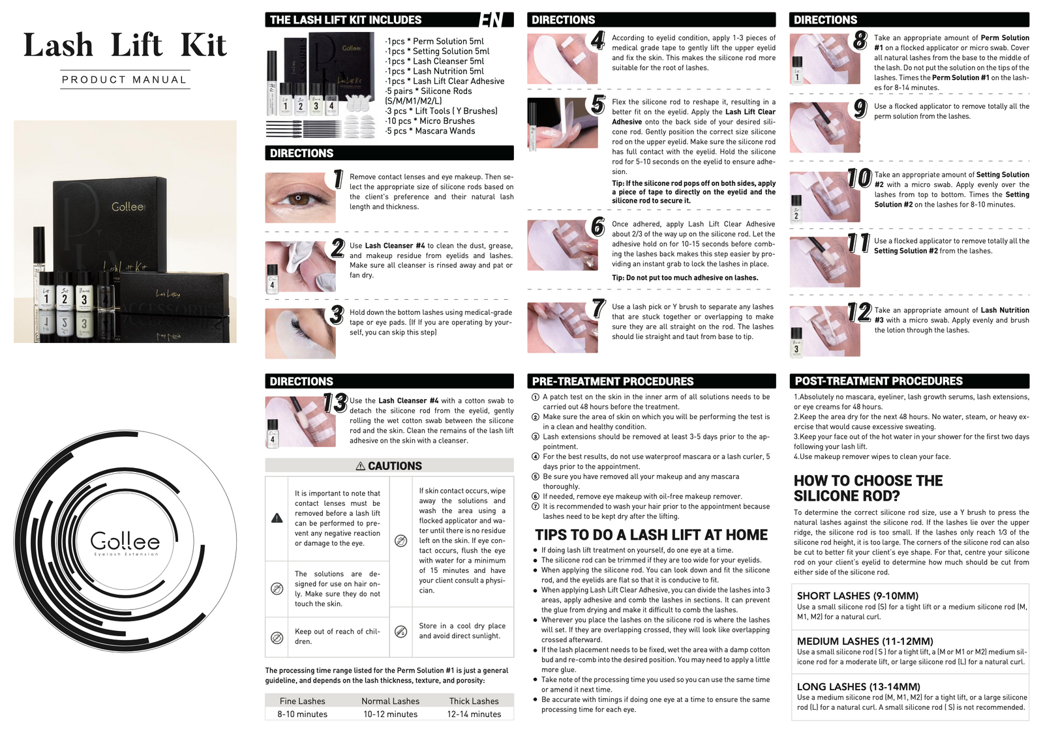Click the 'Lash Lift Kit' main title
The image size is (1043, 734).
click(125, 46)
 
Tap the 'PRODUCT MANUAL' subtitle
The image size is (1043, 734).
click(125, 80)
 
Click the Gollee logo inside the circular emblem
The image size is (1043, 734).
click(125, 542)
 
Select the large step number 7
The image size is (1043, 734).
click(599, 308)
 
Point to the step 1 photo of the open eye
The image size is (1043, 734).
click(300, 198)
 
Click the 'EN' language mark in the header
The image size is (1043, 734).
click(491, 20)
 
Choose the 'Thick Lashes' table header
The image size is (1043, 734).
click(474, 701)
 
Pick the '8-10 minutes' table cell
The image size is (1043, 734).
click(302, 714)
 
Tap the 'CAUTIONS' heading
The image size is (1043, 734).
click(389, 466)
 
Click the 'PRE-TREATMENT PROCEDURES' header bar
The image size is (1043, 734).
click(652, 381)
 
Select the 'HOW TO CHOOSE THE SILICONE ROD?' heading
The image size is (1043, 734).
click(868, 488)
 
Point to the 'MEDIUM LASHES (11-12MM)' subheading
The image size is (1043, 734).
click(865, 641)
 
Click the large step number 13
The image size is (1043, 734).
click(335, 403)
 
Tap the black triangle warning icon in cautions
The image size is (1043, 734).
click(277, 518)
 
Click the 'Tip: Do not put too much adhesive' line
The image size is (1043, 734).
click(685, 278)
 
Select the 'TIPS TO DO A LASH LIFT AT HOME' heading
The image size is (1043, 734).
click(651, 535)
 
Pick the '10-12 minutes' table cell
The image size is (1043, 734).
click(390, 714)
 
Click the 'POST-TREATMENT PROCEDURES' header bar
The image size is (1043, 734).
click(909, 381)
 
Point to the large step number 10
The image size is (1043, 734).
click(859, 178)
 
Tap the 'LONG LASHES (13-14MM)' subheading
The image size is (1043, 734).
click(858, 686)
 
